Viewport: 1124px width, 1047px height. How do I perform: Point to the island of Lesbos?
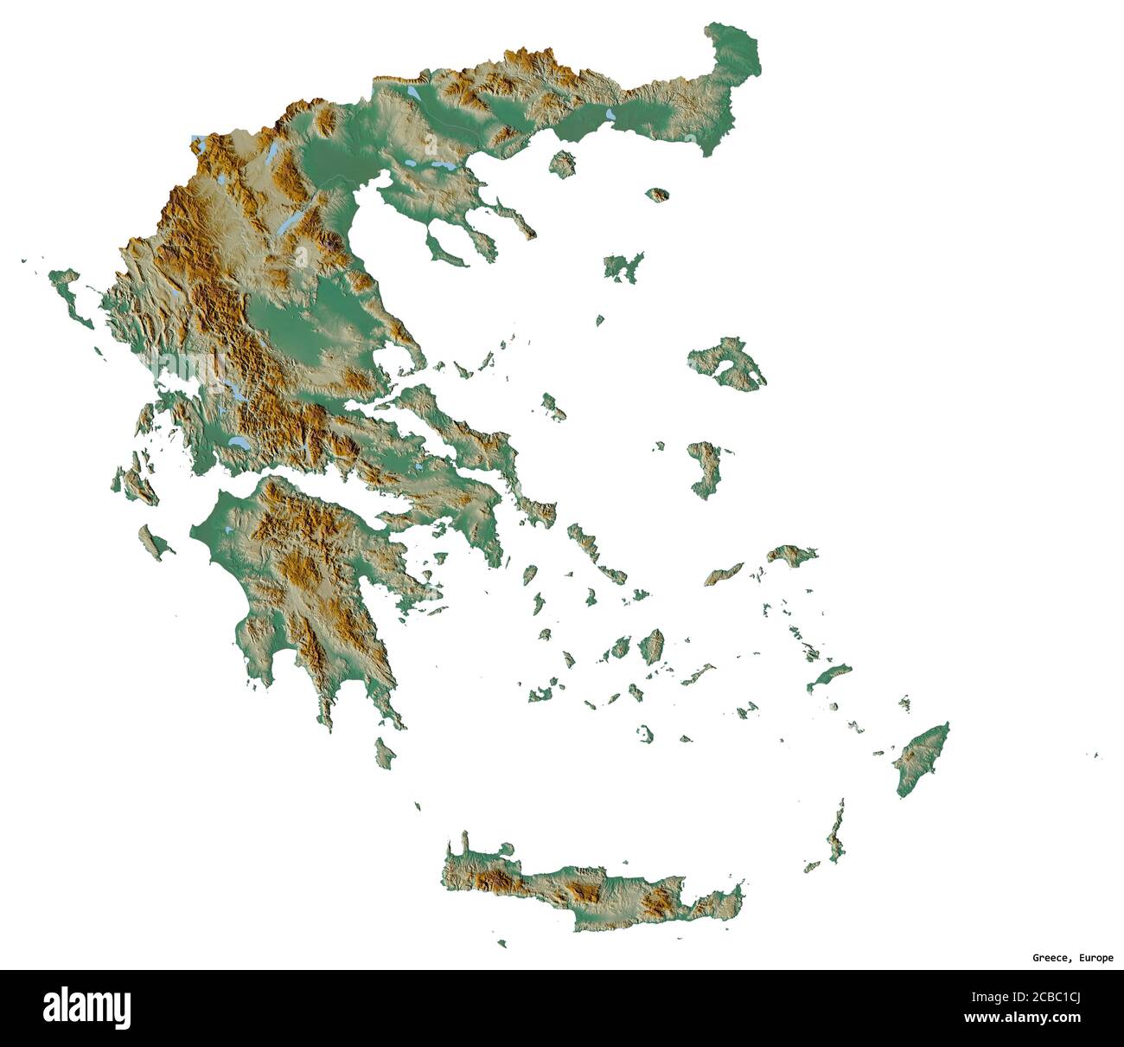tap(728, 363)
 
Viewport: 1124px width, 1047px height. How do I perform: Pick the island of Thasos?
tap(562, 162)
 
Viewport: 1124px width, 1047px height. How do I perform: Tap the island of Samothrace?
tap(659, 195)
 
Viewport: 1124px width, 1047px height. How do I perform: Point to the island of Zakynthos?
tap(153, 543)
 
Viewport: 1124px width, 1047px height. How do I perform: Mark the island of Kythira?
tap(385, 750)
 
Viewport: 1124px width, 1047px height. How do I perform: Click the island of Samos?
tap(792, 554)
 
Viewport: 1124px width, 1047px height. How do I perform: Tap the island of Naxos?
tap(652, 646)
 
